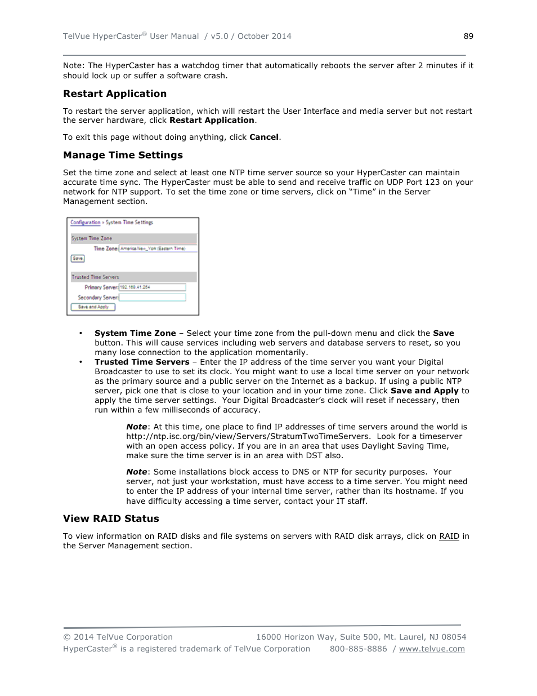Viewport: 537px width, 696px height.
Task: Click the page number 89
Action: coord(468,36)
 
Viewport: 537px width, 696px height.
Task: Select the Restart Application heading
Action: coord(115,94)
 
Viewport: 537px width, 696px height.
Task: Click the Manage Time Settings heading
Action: coord(123,155)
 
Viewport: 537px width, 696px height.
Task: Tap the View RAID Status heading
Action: coord(111,518)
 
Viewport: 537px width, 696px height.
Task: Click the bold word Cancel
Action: coord(263,137)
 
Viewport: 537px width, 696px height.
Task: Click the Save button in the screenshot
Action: coord(78,259)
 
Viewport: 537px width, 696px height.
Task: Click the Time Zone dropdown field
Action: coord(158,249)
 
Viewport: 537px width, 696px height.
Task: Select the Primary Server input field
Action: coord(152,287)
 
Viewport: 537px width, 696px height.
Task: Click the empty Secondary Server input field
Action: coord(152,297)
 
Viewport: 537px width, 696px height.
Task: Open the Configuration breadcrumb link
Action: coord(85,223)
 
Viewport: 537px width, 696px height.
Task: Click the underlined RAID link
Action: coord(449,536)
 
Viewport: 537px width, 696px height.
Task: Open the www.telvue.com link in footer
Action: coord(432,649)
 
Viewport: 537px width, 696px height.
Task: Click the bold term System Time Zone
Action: coord(135,333)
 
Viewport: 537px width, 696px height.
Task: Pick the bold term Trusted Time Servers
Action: coord(142,362)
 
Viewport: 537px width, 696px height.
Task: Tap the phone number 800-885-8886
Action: coord(358,649)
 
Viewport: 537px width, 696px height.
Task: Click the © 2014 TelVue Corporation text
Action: coord(118,637)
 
